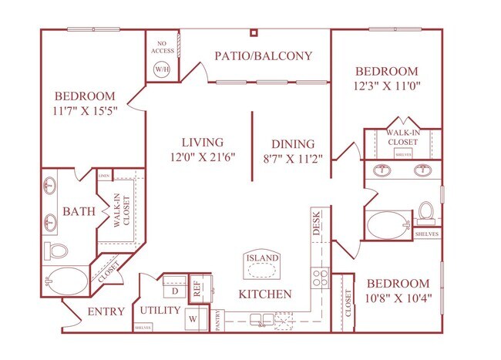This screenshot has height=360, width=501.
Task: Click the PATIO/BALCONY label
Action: pyautogui.click(x=252, y=56)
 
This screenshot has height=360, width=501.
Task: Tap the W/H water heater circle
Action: pyautogui.click(x=162, y=69)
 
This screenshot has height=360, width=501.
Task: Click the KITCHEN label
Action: pyautogui.click(x=264, y=294)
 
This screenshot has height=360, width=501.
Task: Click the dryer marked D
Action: pyautogui.click(x=173, y=291)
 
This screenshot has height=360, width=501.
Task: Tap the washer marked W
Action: pyautogui.click(x=193, y=316)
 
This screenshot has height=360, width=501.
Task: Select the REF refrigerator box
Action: pyautogui.click(x=197, y=286)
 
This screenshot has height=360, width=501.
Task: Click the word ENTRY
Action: pyautogui.click(x=106, y=312)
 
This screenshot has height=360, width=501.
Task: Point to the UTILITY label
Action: pyautogui.click(x=160, y=310)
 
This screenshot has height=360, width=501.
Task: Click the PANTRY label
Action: pyautogui.click(x=220, y=318)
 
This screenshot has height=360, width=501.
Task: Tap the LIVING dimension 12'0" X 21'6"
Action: pyautogui.click(x=203, y=157)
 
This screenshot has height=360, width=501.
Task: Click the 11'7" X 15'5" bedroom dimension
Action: pyautogui.click(x=84, y=110)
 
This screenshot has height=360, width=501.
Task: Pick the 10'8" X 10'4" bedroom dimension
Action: pyautogui.click(x=398, y=298)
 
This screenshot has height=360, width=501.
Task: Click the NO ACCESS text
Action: pyautogui.click(x=163, y=47)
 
